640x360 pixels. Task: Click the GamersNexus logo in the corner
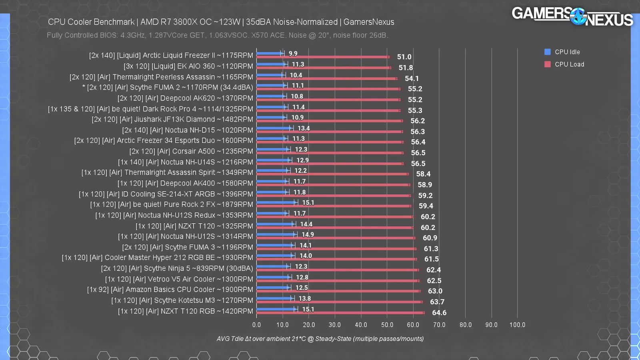click(572, 17)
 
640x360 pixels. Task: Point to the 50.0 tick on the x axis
click(387, 325)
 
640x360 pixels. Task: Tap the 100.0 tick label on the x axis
click(517, 325)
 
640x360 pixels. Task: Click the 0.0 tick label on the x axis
click(256, 325)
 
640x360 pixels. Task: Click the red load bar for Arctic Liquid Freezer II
click(322, 57)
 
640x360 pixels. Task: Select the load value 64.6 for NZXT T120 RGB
click(439, 313)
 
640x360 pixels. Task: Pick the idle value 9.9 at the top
click(293, 54)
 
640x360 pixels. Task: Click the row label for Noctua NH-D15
click(187, 130)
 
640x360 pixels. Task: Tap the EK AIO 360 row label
click(188, 66)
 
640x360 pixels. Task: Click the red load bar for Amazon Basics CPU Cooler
click(338, 291)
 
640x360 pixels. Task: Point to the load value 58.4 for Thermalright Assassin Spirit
click(423, 174)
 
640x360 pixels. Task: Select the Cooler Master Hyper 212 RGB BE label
click(157, 258)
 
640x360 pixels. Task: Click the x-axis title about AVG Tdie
click(320, 339)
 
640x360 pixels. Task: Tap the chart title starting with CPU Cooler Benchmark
click(221, 22)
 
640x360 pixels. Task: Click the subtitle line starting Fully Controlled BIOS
click(217, 35)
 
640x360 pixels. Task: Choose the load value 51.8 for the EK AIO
click(405, 68)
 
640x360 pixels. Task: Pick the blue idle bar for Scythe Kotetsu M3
click(274, 298)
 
